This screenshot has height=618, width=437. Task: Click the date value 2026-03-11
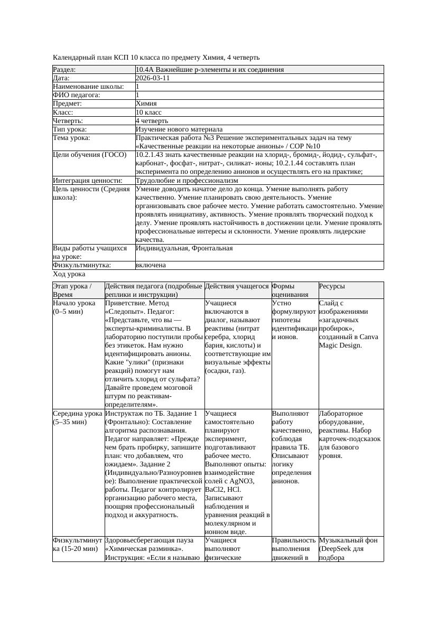152,78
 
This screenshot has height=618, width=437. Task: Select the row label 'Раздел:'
64,70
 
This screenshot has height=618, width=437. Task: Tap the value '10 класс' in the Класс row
148,113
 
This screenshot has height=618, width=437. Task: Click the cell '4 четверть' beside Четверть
152,121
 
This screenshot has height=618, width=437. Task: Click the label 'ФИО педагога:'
77,95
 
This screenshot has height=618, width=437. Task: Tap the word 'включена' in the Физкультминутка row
151,265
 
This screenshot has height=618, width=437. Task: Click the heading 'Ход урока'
69,274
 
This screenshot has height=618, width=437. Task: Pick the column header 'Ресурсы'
332,286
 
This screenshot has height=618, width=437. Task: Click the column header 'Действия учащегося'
237,286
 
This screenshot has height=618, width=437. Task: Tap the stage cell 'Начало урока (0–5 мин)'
75,307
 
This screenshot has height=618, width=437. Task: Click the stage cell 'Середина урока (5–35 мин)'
77,418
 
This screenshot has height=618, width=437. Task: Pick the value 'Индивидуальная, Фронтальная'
184,248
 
